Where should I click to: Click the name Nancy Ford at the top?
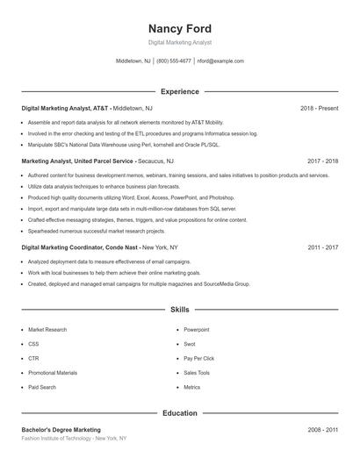[179, 28]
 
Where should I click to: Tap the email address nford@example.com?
[220, 61]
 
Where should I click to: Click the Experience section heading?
[179, 91]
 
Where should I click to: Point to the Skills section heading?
[179, 310]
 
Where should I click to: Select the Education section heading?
[179, 412]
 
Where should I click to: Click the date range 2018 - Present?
[319, 108]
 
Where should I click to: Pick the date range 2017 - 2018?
[322, 161]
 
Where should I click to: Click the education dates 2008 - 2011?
[322, 430]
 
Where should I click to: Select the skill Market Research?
[47, 330]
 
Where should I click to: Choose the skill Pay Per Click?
[200, 358]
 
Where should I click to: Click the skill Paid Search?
[42, 387]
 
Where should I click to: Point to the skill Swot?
[190, 344]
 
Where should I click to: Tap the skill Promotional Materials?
[53, 373]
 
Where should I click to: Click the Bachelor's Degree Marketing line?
[61, 430]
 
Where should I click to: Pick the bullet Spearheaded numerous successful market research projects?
[97, 231]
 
